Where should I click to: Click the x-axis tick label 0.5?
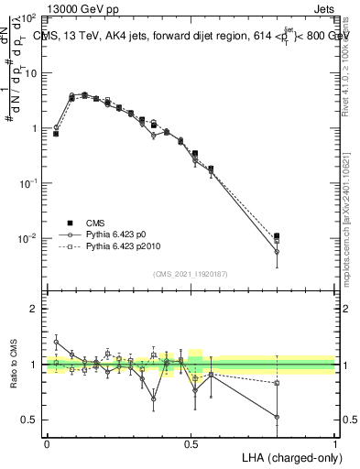(191, 442)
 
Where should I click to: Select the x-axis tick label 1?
(334, 442)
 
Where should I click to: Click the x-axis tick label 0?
(47, 442)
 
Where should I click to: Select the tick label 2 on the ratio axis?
(34, 310)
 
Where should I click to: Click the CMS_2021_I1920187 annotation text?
(190, 273)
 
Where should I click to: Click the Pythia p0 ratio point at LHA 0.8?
(277, 417)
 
